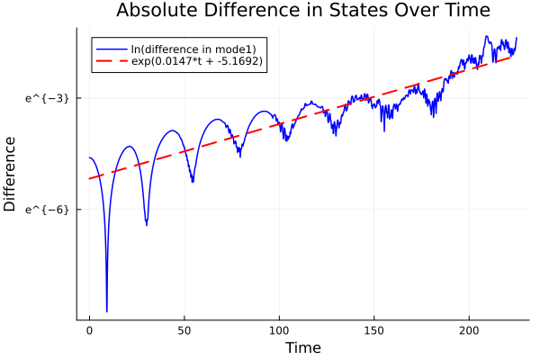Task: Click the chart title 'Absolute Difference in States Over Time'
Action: coord(303,12)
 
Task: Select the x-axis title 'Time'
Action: coord(302,347)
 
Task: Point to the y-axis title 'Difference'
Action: coord(11,174)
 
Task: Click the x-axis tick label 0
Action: coord(89,331)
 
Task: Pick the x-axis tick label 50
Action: coord(184,331)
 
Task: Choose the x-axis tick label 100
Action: coord(279,331)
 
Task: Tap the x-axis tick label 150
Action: coord(374,331)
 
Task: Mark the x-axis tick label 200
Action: coord(469,331)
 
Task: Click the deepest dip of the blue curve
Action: coord(106,311)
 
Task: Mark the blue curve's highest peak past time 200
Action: coord(486,37)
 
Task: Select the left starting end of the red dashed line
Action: coord(89,178)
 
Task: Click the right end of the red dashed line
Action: coord(513,56)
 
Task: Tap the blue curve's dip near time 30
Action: coord(146,224)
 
